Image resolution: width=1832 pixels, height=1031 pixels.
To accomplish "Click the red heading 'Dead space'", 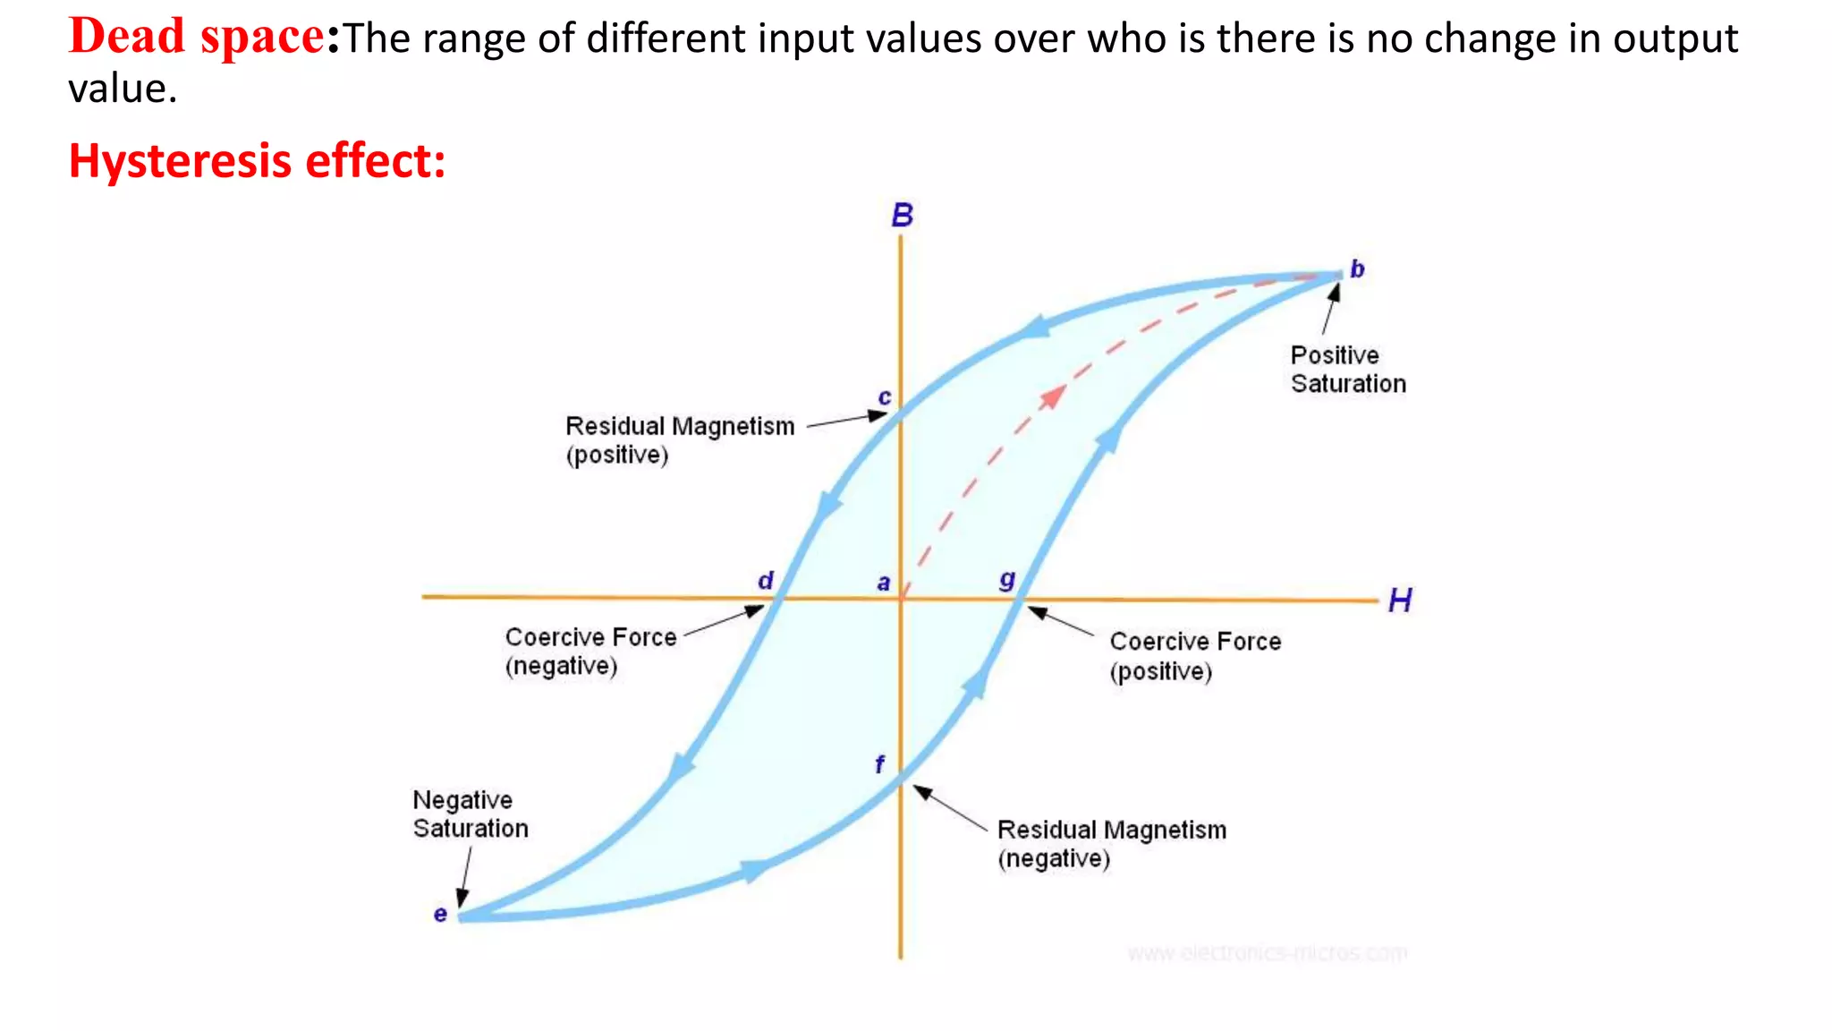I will point(197,38).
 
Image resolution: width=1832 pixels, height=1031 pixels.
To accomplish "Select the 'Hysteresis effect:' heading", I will point(257,161).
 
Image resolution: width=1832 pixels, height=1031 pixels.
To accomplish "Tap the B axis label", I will point(902,216).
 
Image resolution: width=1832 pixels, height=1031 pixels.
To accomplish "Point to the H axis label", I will point(1400,601).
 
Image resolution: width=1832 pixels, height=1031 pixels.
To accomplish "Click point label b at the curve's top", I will point(1357,268).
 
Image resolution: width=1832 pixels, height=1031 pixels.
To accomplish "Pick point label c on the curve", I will point(884,396).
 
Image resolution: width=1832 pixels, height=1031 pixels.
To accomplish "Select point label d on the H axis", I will point(766,581).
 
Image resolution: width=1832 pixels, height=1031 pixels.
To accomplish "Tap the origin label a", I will point(884,583).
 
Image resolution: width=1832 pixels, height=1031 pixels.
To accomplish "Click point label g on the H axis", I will point(1007,581).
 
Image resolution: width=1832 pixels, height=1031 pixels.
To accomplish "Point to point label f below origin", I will point(879,764).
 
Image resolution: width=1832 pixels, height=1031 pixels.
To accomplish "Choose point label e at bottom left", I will point(440,914).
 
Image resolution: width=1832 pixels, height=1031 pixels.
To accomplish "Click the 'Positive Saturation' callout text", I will point(1347,370).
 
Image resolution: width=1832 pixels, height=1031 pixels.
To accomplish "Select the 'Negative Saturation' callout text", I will point(470,814).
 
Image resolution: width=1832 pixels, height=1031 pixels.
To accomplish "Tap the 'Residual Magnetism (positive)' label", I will point(679,440).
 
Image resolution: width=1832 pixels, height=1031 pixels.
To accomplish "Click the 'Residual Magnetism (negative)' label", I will point(1111,844).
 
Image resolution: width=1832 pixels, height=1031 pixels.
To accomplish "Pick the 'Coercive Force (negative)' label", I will point(590,652).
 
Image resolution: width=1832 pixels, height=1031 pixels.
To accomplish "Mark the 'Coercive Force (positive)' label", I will point(1194,656).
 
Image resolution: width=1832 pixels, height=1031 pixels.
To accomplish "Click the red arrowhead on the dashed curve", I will point(1054,396).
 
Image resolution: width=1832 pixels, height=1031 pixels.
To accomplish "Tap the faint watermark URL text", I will point(1267,953).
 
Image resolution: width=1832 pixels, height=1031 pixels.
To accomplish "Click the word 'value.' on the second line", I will point(123,89).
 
